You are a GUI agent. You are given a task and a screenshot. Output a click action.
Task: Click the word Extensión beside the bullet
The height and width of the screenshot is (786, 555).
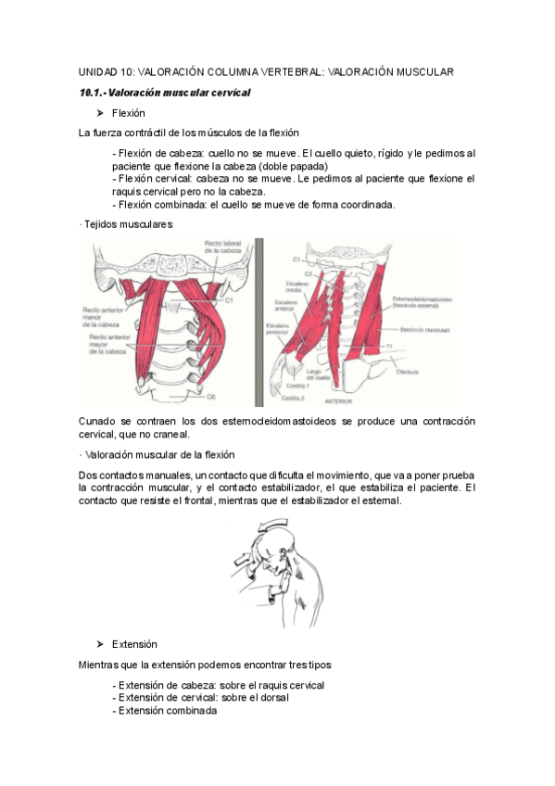point(134,643)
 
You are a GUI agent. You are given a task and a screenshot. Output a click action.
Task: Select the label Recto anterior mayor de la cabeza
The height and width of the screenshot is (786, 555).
point(107,346)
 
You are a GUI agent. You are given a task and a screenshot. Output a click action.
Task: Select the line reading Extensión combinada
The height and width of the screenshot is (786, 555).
point(164,711)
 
